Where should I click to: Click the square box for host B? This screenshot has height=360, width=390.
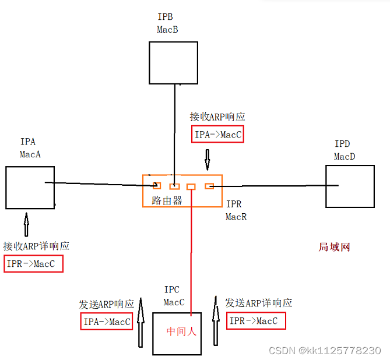click(173, 62)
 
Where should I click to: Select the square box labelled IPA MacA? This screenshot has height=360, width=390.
click(30, 187)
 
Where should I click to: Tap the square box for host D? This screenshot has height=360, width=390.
click(350, 186)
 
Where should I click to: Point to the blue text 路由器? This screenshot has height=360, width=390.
click(163, 201)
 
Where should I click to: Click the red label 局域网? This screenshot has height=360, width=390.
click(334, 247)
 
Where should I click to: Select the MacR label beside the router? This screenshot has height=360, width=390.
click(236, 216)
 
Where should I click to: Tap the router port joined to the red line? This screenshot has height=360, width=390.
click(191, 186)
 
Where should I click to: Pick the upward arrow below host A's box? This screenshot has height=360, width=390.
click(26, 224)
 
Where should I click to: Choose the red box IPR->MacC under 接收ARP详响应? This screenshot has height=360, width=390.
click(33, 264)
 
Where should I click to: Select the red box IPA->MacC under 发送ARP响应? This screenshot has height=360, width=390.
click(106, 322)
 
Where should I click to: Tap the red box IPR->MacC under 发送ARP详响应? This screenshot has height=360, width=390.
click(256, 321)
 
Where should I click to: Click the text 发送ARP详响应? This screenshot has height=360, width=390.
click(258, 303)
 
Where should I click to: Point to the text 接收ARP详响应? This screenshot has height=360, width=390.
click(36, 246)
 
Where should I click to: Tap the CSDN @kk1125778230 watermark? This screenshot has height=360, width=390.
click(324, 350)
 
